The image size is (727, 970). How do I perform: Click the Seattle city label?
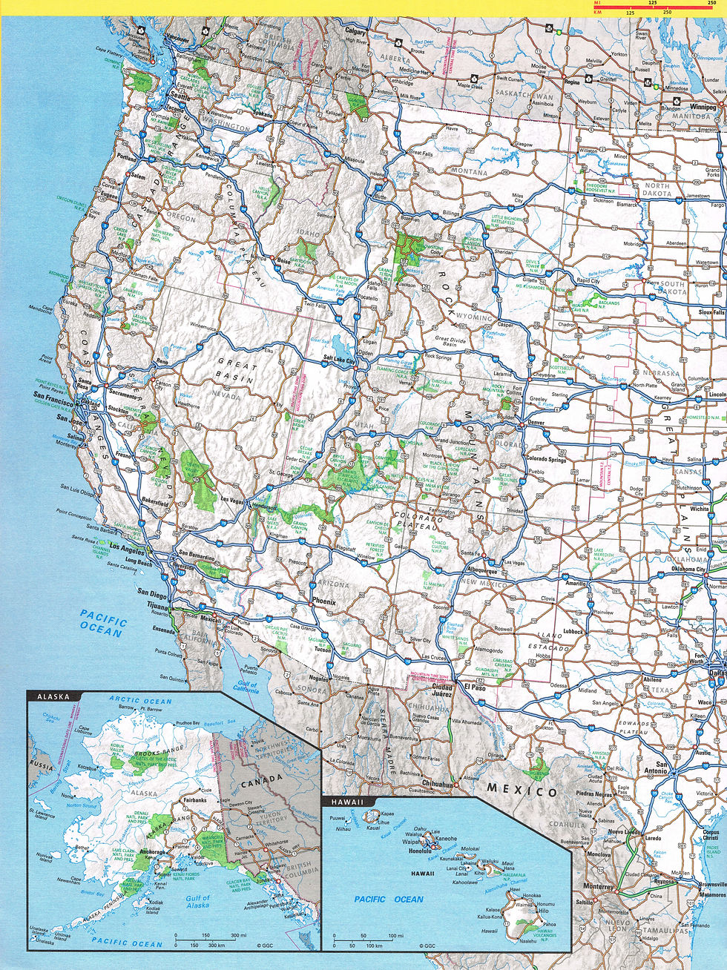point(180,96)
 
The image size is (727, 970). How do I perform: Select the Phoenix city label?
point(324,601)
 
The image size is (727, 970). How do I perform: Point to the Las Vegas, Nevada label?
point(233,500)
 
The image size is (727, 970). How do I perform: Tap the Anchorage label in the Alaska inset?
point(151,852)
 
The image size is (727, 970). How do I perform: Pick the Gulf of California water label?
point(246,684)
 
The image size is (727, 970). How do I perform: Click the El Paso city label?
point(475,687)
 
